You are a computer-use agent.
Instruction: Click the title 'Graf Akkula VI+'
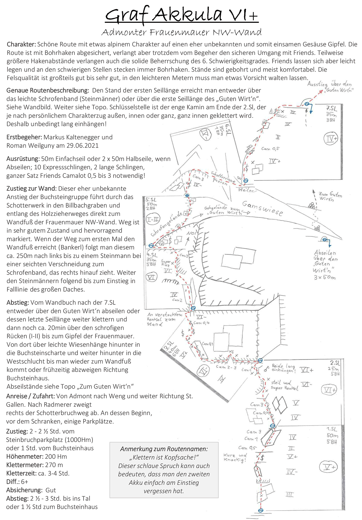click(181, 14)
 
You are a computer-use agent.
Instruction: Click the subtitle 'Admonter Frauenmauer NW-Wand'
click(181, 32)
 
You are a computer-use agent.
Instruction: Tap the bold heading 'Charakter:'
click(21, 44)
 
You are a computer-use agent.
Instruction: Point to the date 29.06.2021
click(82, 145)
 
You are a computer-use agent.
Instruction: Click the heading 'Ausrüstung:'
click(23, 159)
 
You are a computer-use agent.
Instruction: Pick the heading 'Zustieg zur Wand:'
click(31, 189)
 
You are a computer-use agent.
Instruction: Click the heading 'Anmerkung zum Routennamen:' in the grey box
click(164, 449)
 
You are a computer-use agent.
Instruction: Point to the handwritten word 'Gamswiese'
click(263, 208)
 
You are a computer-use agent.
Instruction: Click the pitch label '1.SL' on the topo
click(332, 429)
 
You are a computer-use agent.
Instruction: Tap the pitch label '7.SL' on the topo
click(331, 108)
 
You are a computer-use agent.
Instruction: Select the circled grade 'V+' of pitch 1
click(328, 467)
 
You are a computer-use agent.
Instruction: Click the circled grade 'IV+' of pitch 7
click(331, 139)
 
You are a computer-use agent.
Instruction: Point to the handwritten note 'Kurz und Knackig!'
click(235, 457)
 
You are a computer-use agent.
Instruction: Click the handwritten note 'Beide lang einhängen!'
click(284, 368)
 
